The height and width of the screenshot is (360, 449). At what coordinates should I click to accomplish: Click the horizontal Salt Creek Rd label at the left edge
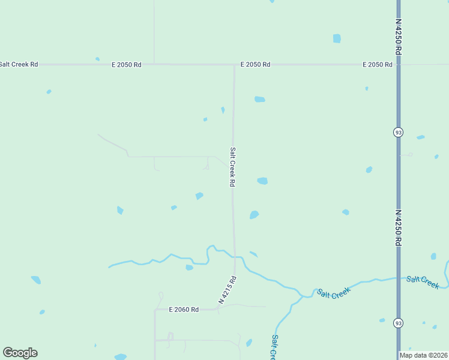coord(19,64)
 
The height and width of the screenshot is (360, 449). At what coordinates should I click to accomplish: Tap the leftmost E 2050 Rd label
coord(126,64)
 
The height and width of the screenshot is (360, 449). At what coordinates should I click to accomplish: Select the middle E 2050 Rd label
coord(255,64)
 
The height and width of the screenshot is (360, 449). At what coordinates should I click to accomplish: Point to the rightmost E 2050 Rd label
coord(378,64)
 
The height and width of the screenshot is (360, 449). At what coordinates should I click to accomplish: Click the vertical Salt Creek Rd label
coord(232,167)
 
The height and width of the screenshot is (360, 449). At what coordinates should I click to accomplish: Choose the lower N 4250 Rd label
coord(398,227)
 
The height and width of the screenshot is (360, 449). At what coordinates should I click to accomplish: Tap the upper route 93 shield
coord(398,132)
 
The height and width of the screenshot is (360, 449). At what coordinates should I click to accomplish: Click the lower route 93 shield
coord(398,323)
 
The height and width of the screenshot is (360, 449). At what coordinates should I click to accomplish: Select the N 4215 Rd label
coord(228,290)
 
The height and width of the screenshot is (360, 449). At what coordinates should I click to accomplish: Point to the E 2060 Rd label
coord(184,310)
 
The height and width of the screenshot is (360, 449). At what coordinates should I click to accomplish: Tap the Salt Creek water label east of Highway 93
coord(423,281)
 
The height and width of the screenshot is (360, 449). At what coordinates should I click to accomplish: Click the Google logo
coord(20,353)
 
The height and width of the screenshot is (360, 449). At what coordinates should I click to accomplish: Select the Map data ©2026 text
coord(423,355)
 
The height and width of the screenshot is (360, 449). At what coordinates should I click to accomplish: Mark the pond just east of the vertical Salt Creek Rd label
coord(262,181)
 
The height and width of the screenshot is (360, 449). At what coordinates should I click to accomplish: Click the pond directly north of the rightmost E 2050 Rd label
coord(337,38)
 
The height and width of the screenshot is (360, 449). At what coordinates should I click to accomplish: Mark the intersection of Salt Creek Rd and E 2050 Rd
coord(234,64)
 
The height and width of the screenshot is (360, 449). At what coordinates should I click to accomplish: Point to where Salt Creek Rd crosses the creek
coord(234,256)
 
